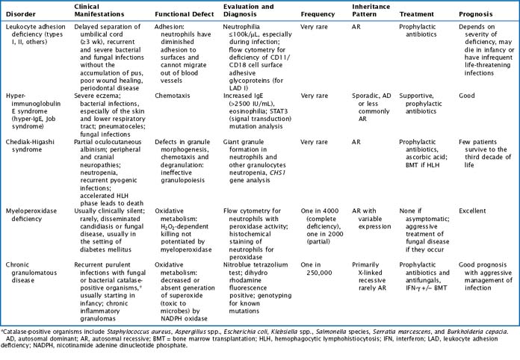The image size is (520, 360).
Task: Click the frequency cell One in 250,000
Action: tap(319, 268)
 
